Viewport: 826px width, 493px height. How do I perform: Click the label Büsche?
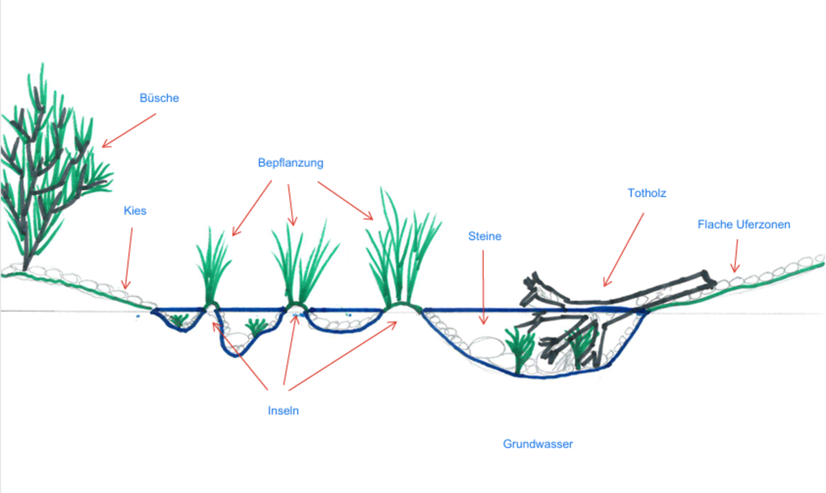(159, 98)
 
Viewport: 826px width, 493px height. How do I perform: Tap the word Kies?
(135, 211)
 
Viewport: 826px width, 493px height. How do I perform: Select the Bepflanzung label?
(290, 163)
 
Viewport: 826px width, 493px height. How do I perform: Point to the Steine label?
(485, 236)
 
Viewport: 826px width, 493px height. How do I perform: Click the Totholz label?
(646, 193)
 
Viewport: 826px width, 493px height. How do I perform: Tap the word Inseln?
(284, 411)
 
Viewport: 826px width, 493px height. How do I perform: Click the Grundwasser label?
(538, 444)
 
